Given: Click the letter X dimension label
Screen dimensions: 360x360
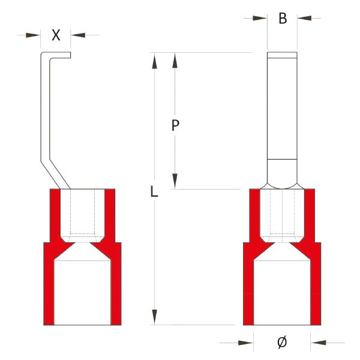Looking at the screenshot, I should point(56,35).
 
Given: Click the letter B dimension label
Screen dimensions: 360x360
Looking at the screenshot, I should point(282,19).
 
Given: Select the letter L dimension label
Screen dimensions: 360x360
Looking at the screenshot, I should point(154,192).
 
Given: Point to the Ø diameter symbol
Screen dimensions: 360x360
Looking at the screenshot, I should point(282,343).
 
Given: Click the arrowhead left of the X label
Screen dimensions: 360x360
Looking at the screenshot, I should point(34,35).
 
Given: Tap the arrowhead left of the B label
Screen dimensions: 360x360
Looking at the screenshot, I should point(259,19).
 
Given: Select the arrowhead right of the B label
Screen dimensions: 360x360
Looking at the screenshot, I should point(305,19).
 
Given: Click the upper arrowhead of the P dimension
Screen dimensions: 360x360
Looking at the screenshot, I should point(175,60).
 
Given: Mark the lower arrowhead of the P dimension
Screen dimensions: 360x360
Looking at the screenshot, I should point(175,181).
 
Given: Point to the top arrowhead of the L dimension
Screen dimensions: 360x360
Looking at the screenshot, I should point(155,60).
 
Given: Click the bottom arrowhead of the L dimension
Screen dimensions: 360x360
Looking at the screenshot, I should point(155,316).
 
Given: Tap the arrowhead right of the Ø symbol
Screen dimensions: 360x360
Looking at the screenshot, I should point(319,343).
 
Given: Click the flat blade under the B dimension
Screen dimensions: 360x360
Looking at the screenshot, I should point(282,108).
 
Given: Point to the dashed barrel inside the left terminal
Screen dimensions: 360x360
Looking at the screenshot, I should point(82,213).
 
